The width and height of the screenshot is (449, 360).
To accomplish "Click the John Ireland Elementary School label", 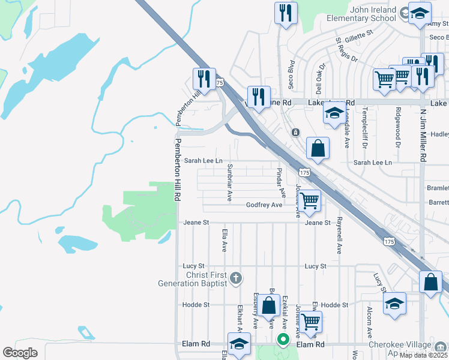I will point(361,14).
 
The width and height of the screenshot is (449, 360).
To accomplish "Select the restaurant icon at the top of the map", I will point(286,13).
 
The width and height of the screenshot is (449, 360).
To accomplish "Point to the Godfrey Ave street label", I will point(264,205).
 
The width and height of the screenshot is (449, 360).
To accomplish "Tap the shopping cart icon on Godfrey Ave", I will point(309,202).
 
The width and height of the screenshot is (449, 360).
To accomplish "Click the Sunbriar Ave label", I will point(229,183).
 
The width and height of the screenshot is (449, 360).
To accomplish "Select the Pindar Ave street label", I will point(280,183).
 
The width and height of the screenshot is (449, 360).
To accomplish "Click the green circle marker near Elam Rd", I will point(283,340).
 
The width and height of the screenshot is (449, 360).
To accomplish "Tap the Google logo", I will point(20,353).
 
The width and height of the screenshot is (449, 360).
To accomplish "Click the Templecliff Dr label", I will point(364,128).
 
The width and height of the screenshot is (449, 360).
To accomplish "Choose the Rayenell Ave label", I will point(339,236).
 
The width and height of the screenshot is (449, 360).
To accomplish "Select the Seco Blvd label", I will point(291,74).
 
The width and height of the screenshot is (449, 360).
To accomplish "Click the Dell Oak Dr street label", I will point(320,79).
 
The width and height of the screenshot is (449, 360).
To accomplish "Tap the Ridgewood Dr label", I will point(397,127).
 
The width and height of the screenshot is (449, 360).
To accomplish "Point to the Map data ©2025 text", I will point(423,355).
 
